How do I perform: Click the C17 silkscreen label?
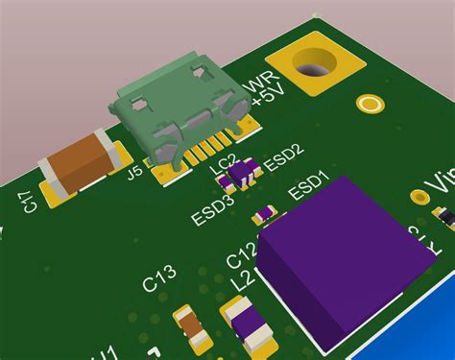pos(28,202)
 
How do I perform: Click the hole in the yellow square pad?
pos(317,68)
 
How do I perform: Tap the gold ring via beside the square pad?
pos(368,103)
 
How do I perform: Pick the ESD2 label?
pos(284,156)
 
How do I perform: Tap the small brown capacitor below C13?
pos(194,327)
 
